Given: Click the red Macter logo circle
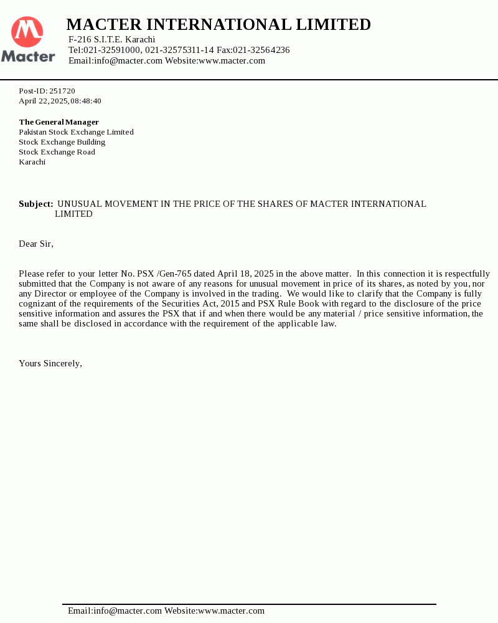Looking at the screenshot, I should pyautogui.click(x=27, y=32).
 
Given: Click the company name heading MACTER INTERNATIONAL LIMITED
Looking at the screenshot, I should pyautogui.click(x=218, y=25).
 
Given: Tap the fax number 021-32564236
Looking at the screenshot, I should pyautogui.click(x=261, y=50).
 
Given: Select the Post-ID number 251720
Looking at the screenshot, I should pyautogui.click(x=62, y=91).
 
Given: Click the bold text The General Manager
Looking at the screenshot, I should pyautogui.click(x=59, y=122).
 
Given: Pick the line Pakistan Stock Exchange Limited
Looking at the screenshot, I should pyautogui.click(x=76, y=132).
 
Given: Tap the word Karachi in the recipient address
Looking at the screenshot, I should pyautogui.click(x=32, y=162).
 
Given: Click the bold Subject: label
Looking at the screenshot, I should pyautogui.click(x=35, y=204).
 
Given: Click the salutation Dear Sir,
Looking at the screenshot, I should pyautogui.click(x=36, y=244).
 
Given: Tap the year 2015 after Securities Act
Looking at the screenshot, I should pyautogui.click(x=229, y=303).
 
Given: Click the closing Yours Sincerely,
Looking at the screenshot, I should pyautogui.click(x=50, y=363).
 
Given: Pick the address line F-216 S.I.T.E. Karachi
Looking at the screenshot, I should pyautogui.click(x=111, y=40).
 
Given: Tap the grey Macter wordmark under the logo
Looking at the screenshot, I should pyautogui.click(x=28, y=57).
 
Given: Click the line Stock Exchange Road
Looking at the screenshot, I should pyautogui.click(x=57, y=152).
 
